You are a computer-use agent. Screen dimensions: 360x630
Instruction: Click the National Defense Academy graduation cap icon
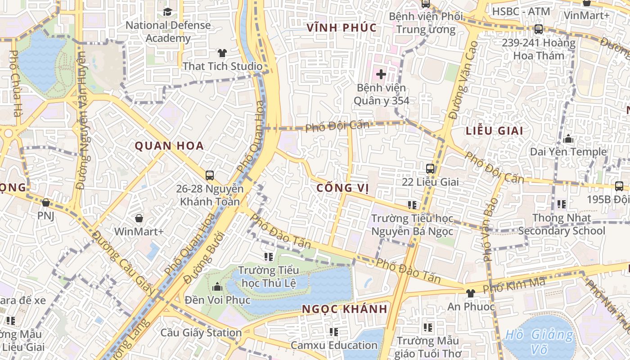coord(167,12)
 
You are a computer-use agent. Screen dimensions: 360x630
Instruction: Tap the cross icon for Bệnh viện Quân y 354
coord(381,74)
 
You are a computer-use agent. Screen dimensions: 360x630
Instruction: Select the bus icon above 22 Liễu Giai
coord(430,169)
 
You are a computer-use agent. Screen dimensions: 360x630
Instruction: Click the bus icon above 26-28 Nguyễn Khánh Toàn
coord(209,175)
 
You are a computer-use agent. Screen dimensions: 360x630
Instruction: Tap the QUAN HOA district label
coord(169,146)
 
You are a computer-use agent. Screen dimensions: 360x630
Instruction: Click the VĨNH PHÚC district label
coord(342,28)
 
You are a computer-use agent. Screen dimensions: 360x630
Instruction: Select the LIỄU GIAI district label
coord(495,131)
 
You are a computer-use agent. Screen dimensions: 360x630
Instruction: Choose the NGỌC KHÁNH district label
coord(345,309)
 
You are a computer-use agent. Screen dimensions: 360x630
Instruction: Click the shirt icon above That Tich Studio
coord(222,53)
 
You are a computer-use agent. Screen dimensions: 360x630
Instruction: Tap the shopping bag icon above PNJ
coord(45,202)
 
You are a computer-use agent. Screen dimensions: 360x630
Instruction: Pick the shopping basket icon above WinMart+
coord(139,218)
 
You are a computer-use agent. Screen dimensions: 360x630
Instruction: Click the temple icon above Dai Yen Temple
coord(568,139)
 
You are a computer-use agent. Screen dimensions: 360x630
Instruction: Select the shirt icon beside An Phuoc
coord(471,293)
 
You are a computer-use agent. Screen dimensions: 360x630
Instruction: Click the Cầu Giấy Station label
coord(201,333)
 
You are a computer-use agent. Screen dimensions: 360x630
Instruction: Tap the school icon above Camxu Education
coord(333,332)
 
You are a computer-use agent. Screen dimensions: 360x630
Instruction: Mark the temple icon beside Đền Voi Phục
coord(217,286)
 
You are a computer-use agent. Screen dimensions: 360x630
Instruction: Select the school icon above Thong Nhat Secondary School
coord(561,204)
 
